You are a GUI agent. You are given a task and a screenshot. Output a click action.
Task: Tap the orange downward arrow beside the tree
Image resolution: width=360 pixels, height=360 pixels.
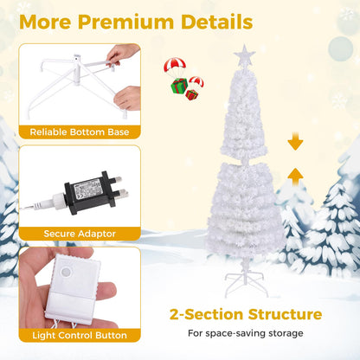point(296,141)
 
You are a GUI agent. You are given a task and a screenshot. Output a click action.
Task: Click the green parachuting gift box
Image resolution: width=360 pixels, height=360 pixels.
point(179,85)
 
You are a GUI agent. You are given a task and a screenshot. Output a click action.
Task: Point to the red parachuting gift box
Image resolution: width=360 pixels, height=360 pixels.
point(191,93)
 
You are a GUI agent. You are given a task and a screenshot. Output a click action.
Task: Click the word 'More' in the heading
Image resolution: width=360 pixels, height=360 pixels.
point(50,20)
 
